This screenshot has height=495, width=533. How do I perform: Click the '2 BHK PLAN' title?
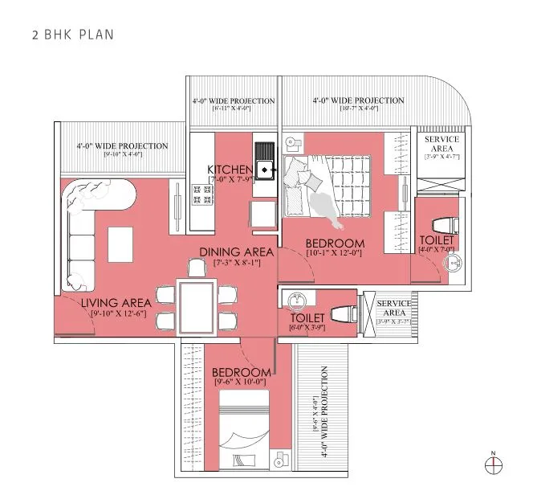tap(73, 35)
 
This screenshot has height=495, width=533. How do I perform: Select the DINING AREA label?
tap(237, 252)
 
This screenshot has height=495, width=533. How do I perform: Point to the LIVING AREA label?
tap(116, 303)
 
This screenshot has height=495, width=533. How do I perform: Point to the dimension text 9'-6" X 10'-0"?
tap(241, 384)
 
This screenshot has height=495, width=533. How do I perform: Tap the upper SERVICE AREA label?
tap(441, 145)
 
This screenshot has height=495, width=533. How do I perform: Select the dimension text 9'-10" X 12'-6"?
tap(116, 313)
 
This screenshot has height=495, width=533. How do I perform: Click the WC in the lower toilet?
tap(344, 312)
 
